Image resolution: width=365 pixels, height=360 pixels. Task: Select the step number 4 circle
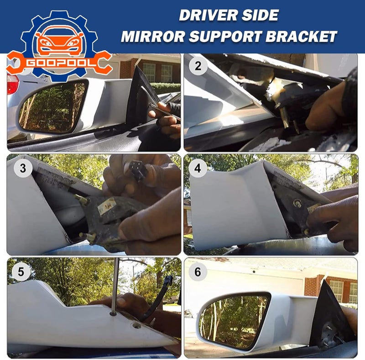click(x=198, y=169)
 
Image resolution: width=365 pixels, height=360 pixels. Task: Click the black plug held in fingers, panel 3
click(x=137, y=170)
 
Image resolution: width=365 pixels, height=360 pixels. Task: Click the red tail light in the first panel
click(x=12, y=84)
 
